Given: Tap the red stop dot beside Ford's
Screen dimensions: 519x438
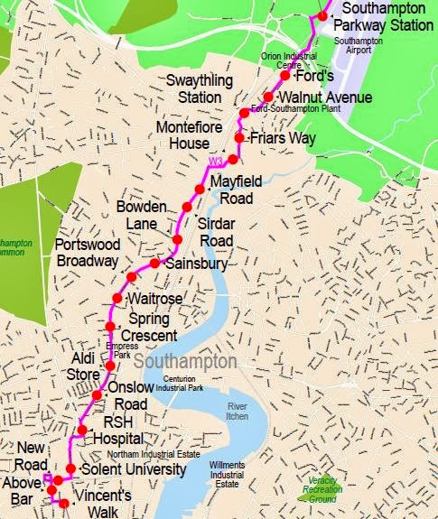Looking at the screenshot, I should point(284,75).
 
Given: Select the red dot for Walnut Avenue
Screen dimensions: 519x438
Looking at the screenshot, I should point(268,96).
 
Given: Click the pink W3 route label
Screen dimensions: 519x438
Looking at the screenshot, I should point(215,162).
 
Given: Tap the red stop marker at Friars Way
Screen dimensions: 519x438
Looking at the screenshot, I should point(239,138).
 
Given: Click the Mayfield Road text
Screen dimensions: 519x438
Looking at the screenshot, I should point(238,190).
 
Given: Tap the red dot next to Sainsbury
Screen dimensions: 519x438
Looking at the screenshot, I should point(154,263).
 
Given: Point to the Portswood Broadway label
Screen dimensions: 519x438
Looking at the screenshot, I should point(86,252).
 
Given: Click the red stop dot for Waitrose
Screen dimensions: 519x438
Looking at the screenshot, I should point(116,298).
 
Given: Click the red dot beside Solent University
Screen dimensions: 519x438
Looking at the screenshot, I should point(71,468).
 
